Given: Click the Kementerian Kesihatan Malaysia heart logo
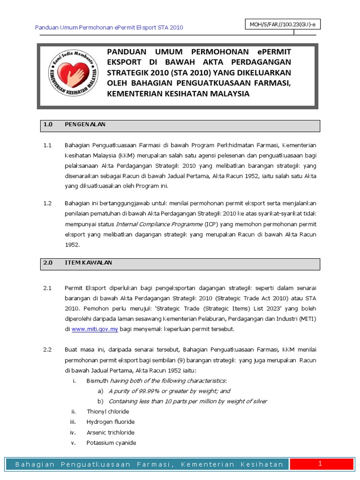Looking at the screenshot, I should click(74, 75).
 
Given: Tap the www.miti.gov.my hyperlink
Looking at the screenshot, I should click(95, 329).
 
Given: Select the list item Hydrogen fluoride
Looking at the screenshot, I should click(111, 422).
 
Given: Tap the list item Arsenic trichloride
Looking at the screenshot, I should click(111, 432).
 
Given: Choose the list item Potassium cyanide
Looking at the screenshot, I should click(112, 442).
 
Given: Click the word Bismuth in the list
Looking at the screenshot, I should click(97, 381).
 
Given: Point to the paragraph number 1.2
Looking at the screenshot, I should click(47, 203).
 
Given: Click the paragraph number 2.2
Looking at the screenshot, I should click(47, 350).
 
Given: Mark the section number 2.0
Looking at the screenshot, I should click(47, 263).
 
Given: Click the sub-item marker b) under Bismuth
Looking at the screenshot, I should click(100, 401).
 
